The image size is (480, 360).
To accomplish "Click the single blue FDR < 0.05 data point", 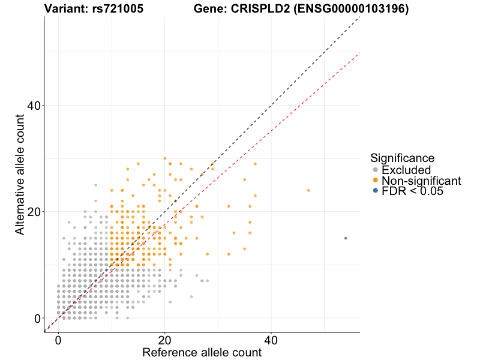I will tap(346, 238).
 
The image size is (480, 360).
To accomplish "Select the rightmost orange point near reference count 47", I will tap(308, 190).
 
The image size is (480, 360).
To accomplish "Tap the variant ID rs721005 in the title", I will tap(119, 9).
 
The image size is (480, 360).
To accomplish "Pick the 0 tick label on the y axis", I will tap(37, 318).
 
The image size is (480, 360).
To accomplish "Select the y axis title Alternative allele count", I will tap(20, 174).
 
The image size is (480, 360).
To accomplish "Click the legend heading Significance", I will tap(402, 158).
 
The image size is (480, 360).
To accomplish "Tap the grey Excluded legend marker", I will tap(376, 170).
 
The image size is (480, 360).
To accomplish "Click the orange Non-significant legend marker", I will tap(376, 181).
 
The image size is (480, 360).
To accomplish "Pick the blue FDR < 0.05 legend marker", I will tap(376, 191).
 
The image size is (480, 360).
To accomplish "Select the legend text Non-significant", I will tap(421, 181).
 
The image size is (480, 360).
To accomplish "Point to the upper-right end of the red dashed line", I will tap(359, 53).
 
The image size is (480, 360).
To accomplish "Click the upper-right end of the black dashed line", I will tap(359, 18).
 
